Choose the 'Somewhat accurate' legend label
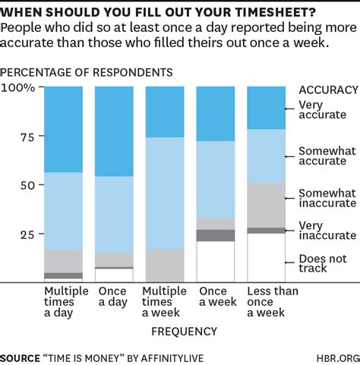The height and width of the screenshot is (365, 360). point(327,156)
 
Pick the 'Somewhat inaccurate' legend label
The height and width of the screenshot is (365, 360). point(327,198)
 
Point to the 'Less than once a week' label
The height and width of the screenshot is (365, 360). point(267,302)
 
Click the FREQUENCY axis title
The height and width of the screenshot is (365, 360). point(184,332)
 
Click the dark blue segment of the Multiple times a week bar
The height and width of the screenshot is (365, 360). point(164,112)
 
